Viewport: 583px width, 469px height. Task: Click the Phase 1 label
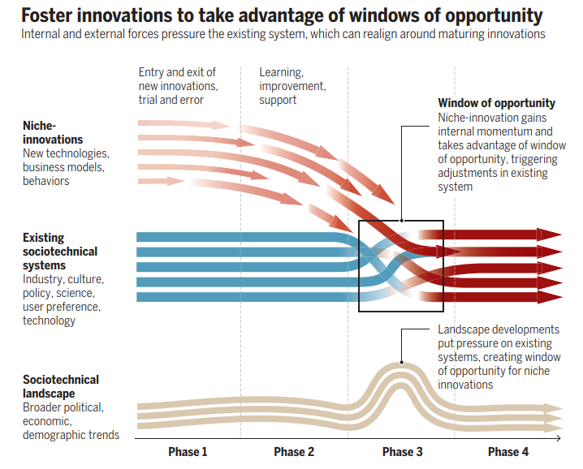coord(188,452)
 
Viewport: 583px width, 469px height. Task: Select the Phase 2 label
coord(294,452)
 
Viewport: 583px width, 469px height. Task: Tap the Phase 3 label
coord(402,452)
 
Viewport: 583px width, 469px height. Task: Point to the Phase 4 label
coord(508,452)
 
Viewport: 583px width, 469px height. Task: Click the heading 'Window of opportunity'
coord(497,103)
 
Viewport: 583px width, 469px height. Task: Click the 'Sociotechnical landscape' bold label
coord(61,386)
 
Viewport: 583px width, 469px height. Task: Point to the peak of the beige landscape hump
coord(401,363)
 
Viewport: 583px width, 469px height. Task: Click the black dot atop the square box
coord(401,221)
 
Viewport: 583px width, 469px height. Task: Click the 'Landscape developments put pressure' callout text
coord(499,357)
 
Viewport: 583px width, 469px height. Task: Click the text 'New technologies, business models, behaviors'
coord(66,167)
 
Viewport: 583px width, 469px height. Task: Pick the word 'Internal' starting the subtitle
coord(41,35)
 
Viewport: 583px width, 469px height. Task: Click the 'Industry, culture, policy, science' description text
coord(63,299)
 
